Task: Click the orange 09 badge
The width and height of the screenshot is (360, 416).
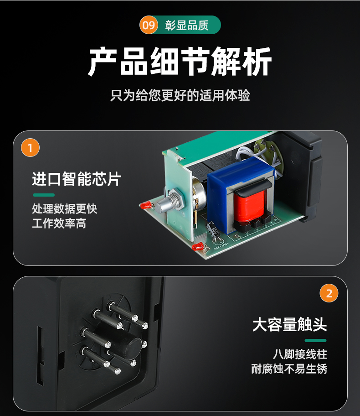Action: click(x=149, y=25)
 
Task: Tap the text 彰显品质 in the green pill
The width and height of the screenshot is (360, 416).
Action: click(x=187, y=25)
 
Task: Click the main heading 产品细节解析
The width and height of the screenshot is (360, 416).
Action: click(x=180, y=61)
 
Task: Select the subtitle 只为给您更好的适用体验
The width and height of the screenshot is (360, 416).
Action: click(x=180, y=95)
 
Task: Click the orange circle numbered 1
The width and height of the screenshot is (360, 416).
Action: click(x=30, y=148)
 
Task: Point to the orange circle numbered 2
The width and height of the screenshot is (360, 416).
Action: click(x=329, y=293)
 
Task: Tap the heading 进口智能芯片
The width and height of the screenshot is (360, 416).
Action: click(x=77, y=179)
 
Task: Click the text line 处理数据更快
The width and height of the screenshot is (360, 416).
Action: click(x=65, y=208)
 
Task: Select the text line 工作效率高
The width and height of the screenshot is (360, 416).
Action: click(x=59, y=224)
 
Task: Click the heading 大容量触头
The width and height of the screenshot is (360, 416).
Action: click(x=289, y=324)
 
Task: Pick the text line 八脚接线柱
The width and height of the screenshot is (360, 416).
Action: click(x=300, y=354)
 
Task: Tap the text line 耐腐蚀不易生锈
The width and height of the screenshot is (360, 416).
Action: click(x=289, y=369)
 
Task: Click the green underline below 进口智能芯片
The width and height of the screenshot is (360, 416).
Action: click(x=44, y=195)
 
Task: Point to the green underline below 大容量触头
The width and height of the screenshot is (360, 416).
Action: click(x=315, y=340)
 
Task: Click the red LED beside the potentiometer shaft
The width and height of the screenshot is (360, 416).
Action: click(x=146, y=205)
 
